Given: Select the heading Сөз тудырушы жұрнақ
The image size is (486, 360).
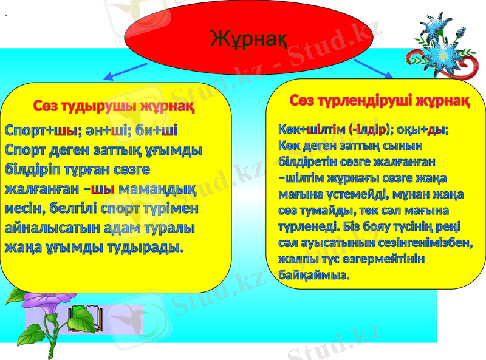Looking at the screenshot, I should point(114,107).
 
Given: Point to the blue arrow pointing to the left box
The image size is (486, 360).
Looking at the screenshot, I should point(125,72).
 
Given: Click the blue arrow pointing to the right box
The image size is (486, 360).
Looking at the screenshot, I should point(374,68).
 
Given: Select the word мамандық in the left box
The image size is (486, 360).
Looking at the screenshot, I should point(157,189).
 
